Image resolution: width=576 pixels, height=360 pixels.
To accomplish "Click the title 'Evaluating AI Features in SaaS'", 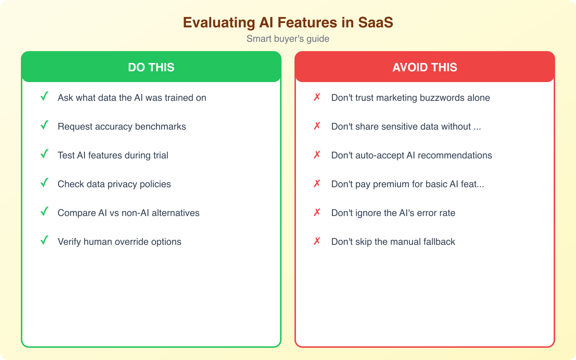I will pyautogui.click(x=288, y=22).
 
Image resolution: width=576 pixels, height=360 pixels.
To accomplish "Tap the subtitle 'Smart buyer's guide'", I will pyautogui.click(x=288, y=39).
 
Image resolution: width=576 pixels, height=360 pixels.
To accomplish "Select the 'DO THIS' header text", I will pyautogui.click(x=151, y=67).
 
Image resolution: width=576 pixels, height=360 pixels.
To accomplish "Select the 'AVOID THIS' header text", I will pyautogui.click(x=425, y=67).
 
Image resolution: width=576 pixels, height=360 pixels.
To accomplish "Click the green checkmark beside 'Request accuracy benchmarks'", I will pyautogui.click(x=44, y=125).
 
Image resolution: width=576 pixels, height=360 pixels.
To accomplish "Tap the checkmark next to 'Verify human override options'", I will pyautogui.click(x=44, y=240).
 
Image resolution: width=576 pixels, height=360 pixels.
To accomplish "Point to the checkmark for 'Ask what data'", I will pyautogui.click(x=44, y=96).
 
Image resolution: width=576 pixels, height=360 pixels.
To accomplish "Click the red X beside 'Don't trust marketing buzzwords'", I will pyautogui.click(x=317, y=97).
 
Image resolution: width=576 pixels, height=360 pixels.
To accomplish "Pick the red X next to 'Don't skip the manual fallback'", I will pyautogui.click(x=317, y=241).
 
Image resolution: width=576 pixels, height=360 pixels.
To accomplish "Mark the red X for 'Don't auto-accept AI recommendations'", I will pyautogui.click(x=317, y=155).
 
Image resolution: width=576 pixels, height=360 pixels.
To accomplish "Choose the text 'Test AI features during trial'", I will pyautogui.click(x=113, y=155).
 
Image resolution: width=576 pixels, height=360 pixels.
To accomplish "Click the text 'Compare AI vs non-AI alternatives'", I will pyautogui.click(x=129, y=213).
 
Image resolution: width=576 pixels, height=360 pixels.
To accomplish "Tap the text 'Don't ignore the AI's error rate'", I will pyautogui.click(x=393, y=213).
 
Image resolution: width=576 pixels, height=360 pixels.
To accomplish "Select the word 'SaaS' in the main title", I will pyautogui.click(x=375, y=22).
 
